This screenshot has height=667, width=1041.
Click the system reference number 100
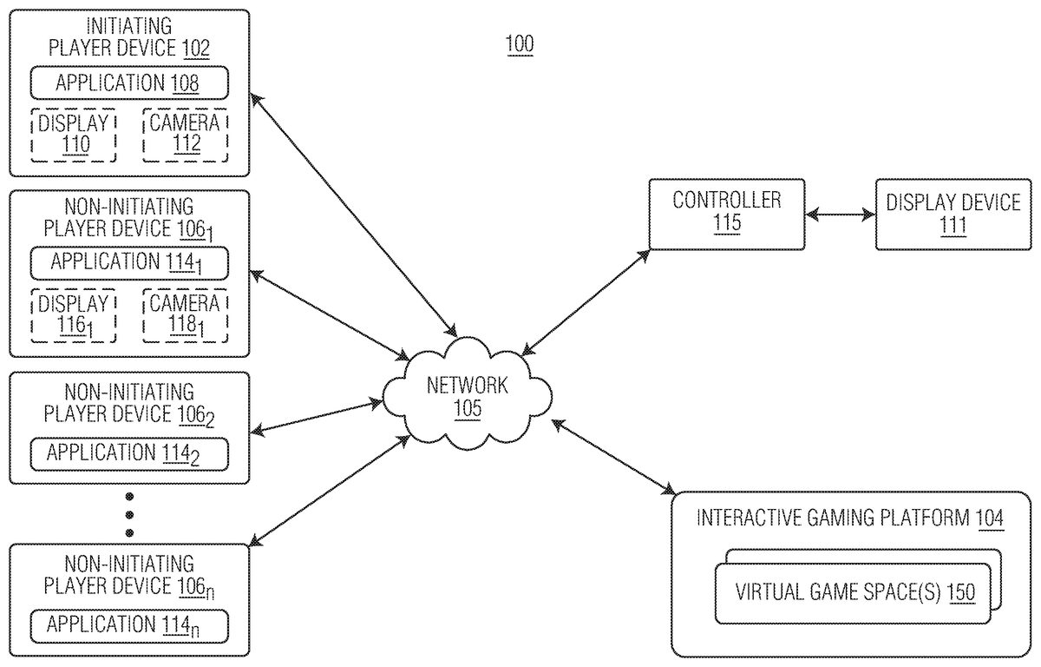(x=520, y=44)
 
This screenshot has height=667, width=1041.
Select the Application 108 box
(x=128, y=83)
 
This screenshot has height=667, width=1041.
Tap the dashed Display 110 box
(x=73, y=135)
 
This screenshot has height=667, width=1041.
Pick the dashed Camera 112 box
(x=185, y=135)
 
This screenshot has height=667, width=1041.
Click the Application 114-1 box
(x=128, y=262)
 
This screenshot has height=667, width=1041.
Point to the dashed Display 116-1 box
(x=73, y=314)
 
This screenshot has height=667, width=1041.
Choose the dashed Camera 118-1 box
(x=185, y=314)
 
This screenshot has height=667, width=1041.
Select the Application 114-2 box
(x=128, y=453)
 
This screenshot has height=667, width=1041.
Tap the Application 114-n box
(x=128, y=624)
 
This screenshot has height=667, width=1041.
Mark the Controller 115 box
(x=727, y=213)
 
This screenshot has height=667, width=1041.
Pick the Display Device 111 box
(x=953, y=213)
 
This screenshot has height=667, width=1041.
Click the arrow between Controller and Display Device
(x=840, y=214)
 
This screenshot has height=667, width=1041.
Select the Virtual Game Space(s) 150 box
(x=854, y=593)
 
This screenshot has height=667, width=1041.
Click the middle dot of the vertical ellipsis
(x=129, y=514)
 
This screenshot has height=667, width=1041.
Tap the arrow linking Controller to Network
(x=586, y=300)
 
